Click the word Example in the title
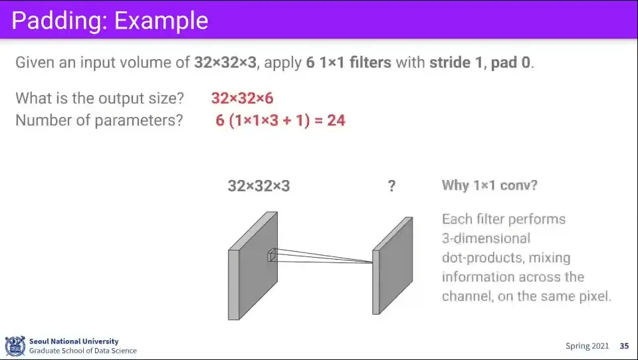tap(161, 21)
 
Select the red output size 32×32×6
tap(242, 98)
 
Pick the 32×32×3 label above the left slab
tap(259, 186)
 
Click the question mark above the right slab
tap(391, 186)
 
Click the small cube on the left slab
tap(272, 256)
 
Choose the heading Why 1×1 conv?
tap(490, 185)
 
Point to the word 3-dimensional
tap(486, 238)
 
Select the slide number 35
tap(624, 346)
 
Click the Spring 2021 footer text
tap(587, 346)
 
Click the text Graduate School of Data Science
tap(83, 351)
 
